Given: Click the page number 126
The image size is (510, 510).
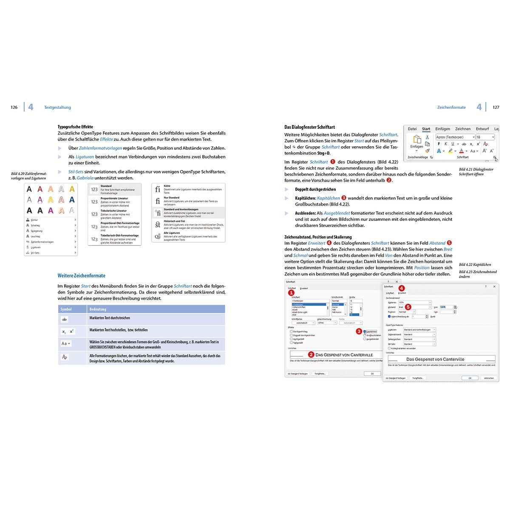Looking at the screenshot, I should pos(14,108).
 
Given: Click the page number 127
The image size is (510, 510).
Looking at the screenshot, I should pos(496,108).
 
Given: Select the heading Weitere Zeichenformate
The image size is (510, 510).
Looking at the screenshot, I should pos(81,276).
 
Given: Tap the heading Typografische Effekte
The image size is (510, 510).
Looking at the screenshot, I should pos(75,127).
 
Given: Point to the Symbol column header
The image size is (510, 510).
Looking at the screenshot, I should pos(66,309).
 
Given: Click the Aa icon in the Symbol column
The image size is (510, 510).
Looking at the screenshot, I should pos(65,343).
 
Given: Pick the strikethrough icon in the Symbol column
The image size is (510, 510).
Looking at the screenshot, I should pos(65,319).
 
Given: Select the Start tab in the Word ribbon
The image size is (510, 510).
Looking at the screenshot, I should pos(426,129).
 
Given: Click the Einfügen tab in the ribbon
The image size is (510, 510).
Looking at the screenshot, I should pos(442,129).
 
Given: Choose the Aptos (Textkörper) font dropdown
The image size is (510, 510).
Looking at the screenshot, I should pos(455,137).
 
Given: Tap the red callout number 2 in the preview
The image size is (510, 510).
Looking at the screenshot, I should pos(311,354).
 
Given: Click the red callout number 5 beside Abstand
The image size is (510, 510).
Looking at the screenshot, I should pos(408,306).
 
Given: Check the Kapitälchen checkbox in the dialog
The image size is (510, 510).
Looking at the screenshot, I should pos(365,331).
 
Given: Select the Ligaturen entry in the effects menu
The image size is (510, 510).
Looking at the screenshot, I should pos(36,247).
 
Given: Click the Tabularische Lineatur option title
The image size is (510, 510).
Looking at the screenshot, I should pos(113,211).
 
